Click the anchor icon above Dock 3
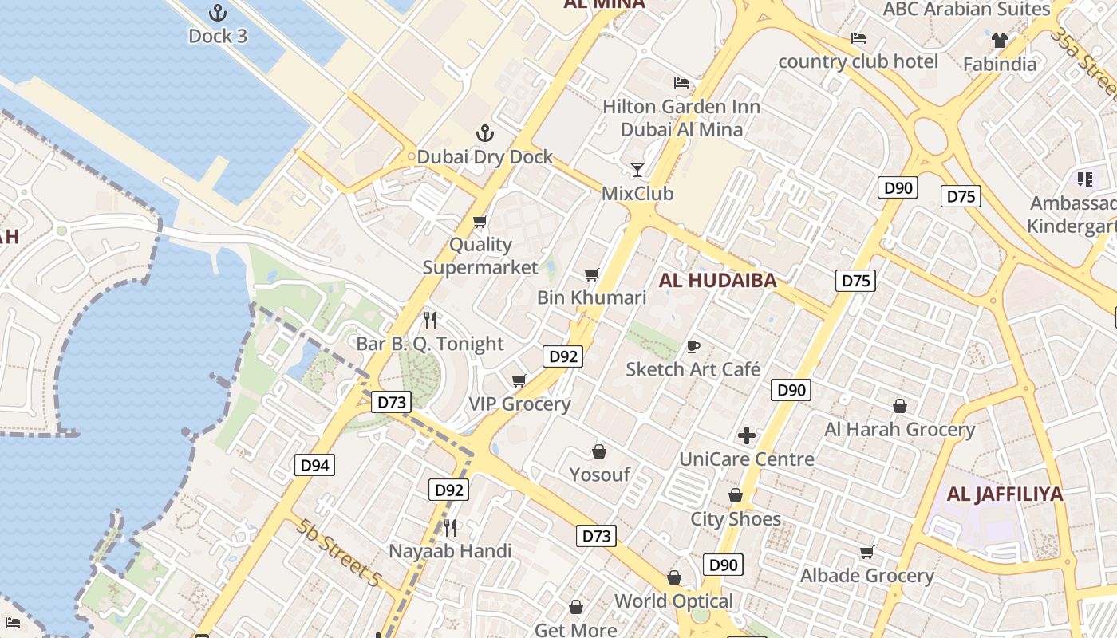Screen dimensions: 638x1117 217,13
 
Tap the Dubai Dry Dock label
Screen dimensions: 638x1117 484,156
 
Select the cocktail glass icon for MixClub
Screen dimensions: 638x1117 637,169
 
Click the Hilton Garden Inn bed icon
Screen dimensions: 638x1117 681,82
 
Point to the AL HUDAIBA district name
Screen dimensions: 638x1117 718,280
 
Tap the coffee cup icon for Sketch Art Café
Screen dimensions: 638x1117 693,346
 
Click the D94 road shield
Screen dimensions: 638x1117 314,465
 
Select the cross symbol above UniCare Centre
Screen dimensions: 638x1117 747,435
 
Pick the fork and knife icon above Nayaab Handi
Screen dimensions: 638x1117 450,527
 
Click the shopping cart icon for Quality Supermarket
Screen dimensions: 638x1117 480,221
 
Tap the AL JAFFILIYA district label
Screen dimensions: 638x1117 1005,494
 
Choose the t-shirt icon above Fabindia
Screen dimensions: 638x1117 999,40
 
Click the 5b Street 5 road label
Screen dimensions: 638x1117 338,553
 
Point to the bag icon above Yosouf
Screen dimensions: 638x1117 599,451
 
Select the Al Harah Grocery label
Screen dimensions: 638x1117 899,430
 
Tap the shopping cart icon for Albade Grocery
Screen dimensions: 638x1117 867,552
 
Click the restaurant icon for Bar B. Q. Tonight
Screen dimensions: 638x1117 430,321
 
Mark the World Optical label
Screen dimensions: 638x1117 673,601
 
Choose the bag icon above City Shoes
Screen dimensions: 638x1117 736,495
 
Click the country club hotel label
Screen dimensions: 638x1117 858,61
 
